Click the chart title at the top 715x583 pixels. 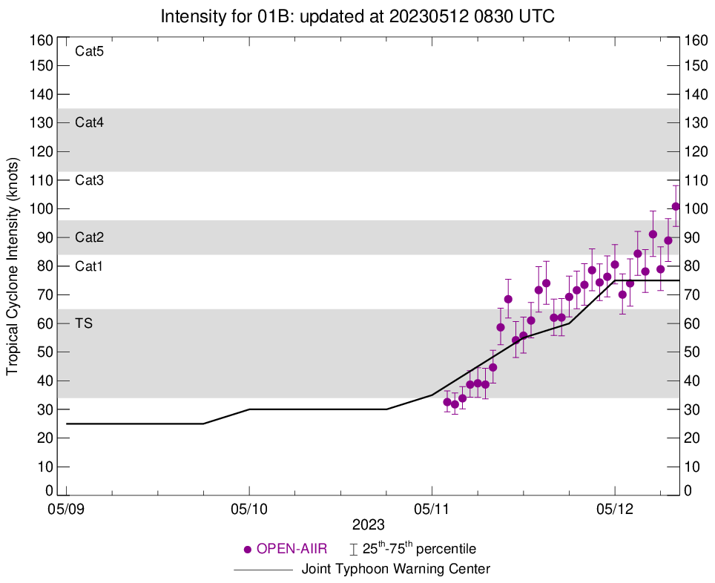(x=357, y=16)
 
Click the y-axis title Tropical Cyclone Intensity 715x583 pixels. (x=13, y=266)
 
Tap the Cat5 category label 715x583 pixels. (x=89, y=51)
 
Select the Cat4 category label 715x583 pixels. (x=89, y=123)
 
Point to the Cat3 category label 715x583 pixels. (x=89, y=180)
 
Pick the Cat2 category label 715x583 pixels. (x=89, y=237)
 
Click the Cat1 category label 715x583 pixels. (x=89, y=266)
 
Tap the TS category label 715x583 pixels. (x=84, y=323)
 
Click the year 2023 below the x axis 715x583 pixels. (x=368, y=525)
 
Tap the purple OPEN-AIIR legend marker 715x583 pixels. (x=248, y=550)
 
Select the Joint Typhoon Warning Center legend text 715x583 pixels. (x=396, y=570)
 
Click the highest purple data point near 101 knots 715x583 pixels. (x=676, y=206)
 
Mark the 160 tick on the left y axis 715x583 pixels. (x=42, y=39)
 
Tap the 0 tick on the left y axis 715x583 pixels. (x=49, y=491)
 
